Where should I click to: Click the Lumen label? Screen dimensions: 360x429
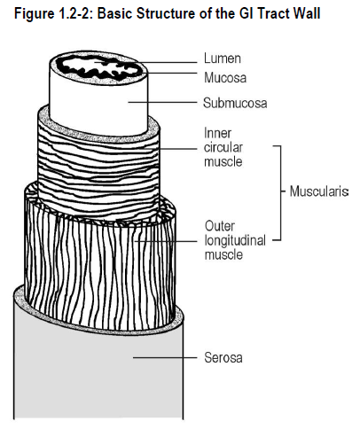point(223,58)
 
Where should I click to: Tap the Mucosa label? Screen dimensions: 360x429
point(225,78)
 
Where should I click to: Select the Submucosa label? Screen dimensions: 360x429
point(235,103)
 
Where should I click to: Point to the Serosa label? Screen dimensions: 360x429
point(223,357)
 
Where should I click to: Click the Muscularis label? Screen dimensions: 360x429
point(319,191)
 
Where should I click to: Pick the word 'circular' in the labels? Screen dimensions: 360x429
point(223,147)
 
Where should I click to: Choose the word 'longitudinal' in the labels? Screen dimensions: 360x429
point(235,240)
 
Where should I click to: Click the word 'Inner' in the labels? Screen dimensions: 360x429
point(217,133)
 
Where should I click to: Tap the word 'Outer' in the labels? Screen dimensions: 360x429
point(220,226)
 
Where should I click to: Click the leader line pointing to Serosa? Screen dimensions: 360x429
point(165,357)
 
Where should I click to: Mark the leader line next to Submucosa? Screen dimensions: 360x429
point(162,102)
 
